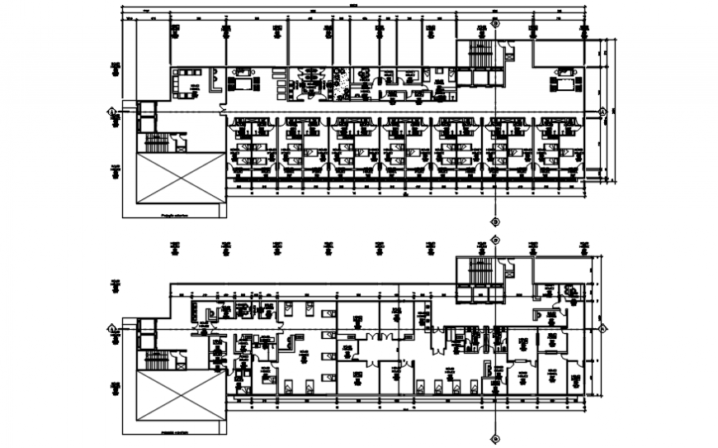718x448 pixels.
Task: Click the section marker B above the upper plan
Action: pyautogui.click(x=495, y=24)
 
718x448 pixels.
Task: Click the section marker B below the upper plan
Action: pyautogui.click(x=495, y=221)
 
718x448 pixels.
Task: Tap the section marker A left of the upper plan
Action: pyautogui.click(x=111, y=111)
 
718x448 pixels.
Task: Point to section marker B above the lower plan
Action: pyautogui.click(x=495, y=240)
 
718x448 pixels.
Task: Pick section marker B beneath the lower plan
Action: pyautogui.click(x=495, y=438)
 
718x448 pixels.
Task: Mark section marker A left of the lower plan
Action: pyautogui.click(x=111, y=328)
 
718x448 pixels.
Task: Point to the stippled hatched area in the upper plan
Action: pyautogui.click(x=339, y=83)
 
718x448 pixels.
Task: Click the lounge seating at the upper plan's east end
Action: pyautogui.click(x=564, y=83)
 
